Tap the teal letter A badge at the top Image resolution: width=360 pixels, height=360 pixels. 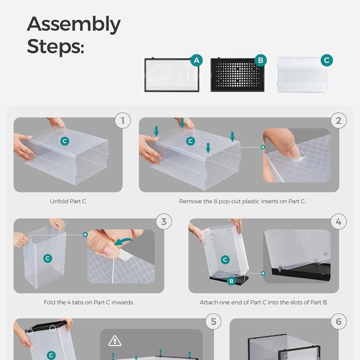[196, 60]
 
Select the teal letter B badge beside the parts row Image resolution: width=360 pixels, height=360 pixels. [261, 60]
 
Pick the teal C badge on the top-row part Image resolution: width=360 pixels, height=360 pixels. [327, 60]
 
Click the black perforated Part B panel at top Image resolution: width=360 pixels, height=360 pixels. [237, 75]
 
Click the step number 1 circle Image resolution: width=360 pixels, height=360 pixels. [123, 120]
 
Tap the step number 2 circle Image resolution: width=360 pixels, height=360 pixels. [338, 120]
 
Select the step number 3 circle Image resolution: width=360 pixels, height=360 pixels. [164, 222]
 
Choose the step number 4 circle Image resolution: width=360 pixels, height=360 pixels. [338, 222]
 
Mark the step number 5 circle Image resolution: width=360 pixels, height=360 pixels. [213, 322]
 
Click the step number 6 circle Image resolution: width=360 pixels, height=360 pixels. [338, 322]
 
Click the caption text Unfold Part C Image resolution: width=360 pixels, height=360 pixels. [68, 201]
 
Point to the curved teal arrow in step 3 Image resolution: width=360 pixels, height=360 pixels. [123, 241]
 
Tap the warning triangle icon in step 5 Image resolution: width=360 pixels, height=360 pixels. [115, 341]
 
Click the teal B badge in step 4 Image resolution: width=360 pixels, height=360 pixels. [231, 281]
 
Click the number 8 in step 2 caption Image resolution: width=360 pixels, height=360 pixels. [215, 201]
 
